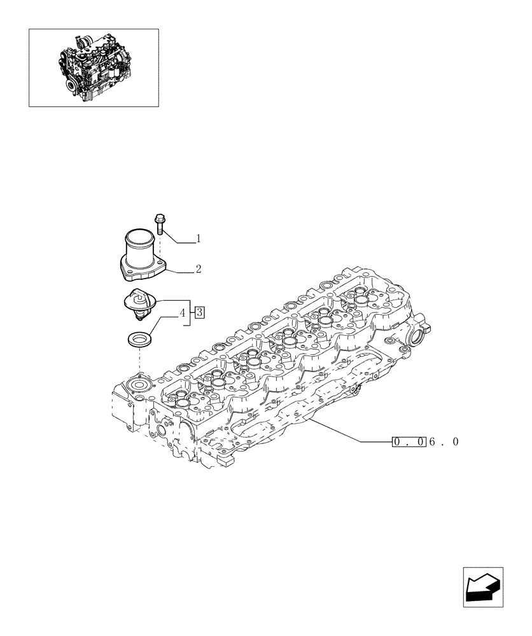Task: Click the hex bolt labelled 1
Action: point(159,223)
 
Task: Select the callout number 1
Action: point(199,239)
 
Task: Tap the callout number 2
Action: point(199,269)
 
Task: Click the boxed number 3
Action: point(199,312)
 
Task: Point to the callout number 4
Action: point(183,312)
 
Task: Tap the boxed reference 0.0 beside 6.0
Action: point(409,441)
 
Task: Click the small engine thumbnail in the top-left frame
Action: point(94,67)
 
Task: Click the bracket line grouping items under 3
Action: point(189,312)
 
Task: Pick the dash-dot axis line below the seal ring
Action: point(139,363)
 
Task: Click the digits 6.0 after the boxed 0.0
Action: point(444,441)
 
